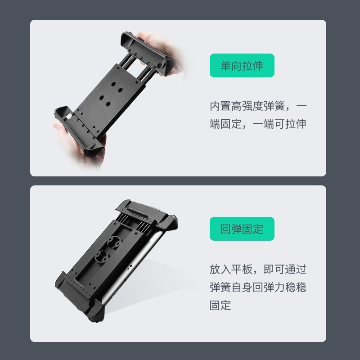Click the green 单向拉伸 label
tap(242, 65)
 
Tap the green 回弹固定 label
tap(242, 229)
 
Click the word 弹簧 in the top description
tap(274, 106)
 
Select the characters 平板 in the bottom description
tap(242, 269)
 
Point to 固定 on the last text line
tap(220, 305)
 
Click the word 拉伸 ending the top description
tap(296, 124)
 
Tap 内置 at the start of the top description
tap(220, 106)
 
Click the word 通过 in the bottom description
tap(296, 269)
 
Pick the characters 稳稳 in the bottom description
tap(296, 287)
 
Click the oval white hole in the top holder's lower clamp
tap(69, 116)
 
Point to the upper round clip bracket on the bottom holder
tap(115, 242)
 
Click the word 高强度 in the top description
tap(247, 106)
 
